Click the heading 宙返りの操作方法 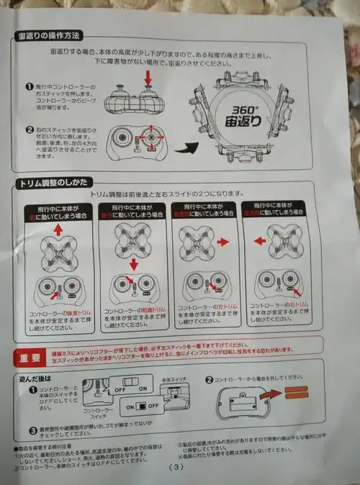click(50, 36)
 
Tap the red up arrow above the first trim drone click(58, 230)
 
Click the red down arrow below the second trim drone click(133, 265)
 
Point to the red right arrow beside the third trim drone click(222, 243)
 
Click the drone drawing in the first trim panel click(58, 253)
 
